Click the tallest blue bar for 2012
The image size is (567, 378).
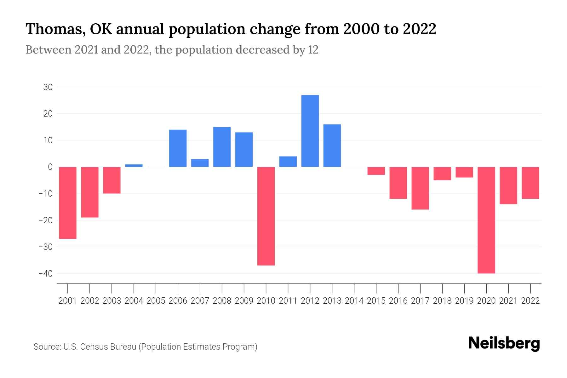click(310, 131)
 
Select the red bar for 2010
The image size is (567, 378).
click(266, 216)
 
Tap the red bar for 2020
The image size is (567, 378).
click(486, 220)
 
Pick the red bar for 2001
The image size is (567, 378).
click(68, 203)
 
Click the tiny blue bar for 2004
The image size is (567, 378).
click(134, 165)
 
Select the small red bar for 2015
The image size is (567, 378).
click(376, 171)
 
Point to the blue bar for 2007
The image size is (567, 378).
click(200, 163)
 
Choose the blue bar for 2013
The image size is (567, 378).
click(332, 146)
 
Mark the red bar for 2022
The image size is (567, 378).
click(530, 183)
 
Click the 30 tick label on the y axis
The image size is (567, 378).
click(48, 87)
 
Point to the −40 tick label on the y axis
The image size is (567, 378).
click(46, 274)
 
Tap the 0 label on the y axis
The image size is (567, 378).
click(50, 167)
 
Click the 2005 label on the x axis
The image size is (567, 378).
click(156, 301)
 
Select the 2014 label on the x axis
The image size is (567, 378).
click(354, 301)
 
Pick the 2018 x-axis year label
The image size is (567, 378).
click(442, 301)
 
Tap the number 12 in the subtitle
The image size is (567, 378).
click(313, 50)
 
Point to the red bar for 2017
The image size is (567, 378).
click(420, 188)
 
